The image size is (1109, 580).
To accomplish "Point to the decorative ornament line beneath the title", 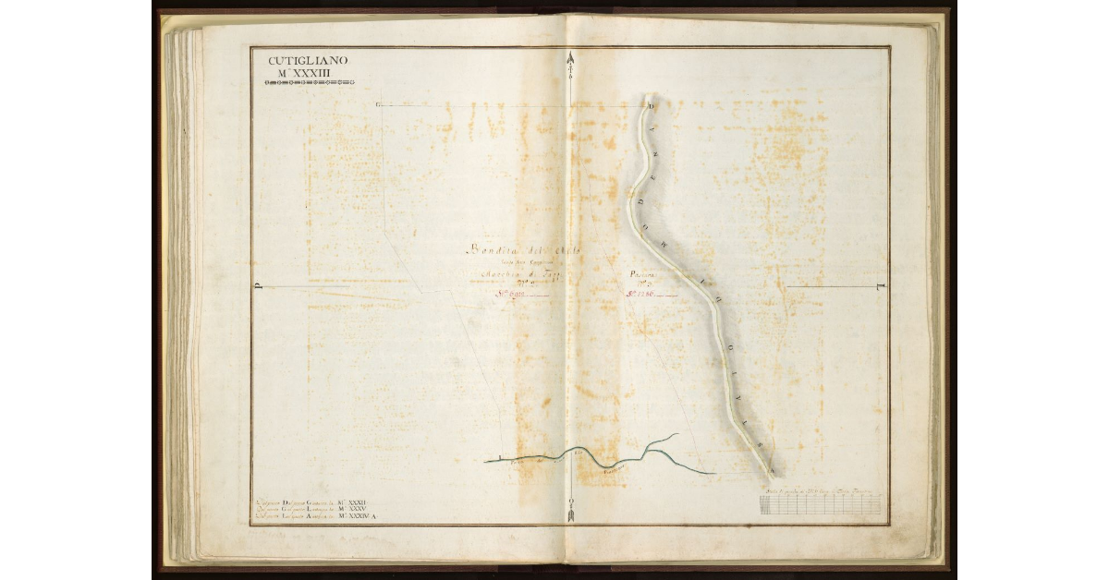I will (309, 82).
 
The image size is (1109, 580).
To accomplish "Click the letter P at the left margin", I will (258, 285).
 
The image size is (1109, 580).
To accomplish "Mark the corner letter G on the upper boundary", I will (379, 105).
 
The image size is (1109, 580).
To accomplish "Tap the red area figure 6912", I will (514, 295).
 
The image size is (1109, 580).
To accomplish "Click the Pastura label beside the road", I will (643, 274).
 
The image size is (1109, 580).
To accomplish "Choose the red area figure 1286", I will (641, 295).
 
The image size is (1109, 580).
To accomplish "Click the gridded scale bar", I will (820, 504).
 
